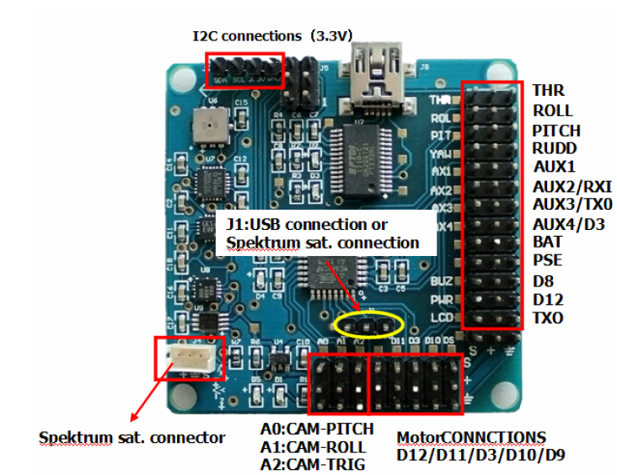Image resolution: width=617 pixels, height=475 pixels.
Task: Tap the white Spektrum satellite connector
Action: coord(188,357)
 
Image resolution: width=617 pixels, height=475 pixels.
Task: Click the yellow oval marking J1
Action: coord(369,323)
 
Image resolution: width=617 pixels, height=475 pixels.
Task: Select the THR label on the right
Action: coord(548,90)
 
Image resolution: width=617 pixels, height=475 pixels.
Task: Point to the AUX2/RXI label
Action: coord(572,186)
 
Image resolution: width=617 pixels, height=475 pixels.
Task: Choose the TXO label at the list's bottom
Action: coord(548,318)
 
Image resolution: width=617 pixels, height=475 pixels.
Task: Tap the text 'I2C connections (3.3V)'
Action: coord(272,35)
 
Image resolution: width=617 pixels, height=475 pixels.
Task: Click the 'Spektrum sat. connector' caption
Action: coord(132,437)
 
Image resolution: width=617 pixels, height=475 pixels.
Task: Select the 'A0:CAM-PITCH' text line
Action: coord(317,430)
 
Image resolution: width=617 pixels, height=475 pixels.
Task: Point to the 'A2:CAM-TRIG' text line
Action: coord(313,464)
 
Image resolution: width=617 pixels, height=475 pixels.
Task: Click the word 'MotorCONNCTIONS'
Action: coord(471,437)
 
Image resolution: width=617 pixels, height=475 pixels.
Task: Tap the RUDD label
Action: coord(555,148)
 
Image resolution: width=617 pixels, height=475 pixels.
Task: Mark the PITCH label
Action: coord(556,130)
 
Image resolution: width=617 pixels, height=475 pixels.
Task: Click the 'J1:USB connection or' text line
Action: coord(306,225)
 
